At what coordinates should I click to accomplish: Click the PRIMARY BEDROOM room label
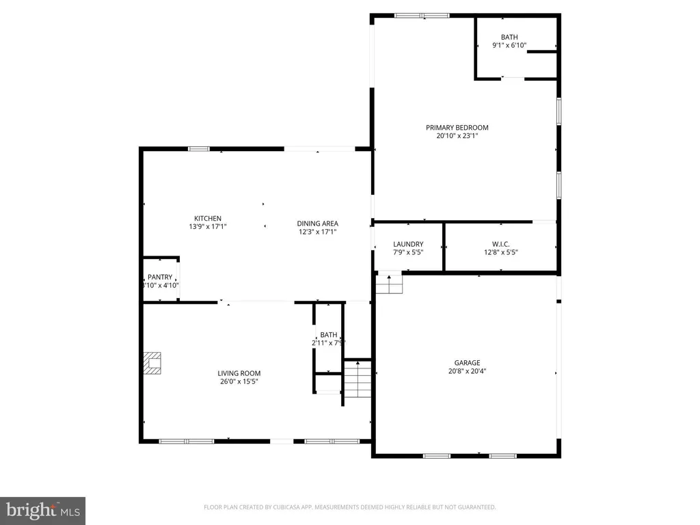tap(457, 127)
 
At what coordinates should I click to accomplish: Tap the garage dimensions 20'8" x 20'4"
tap(467, 371)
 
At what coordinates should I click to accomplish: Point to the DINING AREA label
tap(317, 223)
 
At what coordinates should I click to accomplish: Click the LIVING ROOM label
tap(239, 373)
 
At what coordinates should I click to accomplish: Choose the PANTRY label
tap(160, 277)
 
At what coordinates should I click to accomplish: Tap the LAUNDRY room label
tap(408, 244)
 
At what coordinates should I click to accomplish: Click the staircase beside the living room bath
tap(357, 381)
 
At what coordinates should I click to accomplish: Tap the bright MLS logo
tap(42, 510)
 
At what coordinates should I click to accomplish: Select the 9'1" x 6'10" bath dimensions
tap(509, 46)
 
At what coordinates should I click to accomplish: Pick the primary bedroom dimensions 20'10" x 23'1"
tap(457, 136)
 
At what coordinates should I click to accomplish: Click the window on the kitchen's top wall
tap(198, 148)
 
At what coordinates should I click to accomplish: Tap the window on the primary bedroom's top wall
tap(421, 15)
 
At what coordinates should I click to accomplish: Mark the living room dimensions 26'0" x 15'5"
tap(239, 382)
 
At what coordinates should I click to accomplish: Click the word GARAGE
tap(467, 363)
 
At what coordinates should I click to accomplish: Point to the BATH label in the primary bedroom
tap(509, 38)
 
